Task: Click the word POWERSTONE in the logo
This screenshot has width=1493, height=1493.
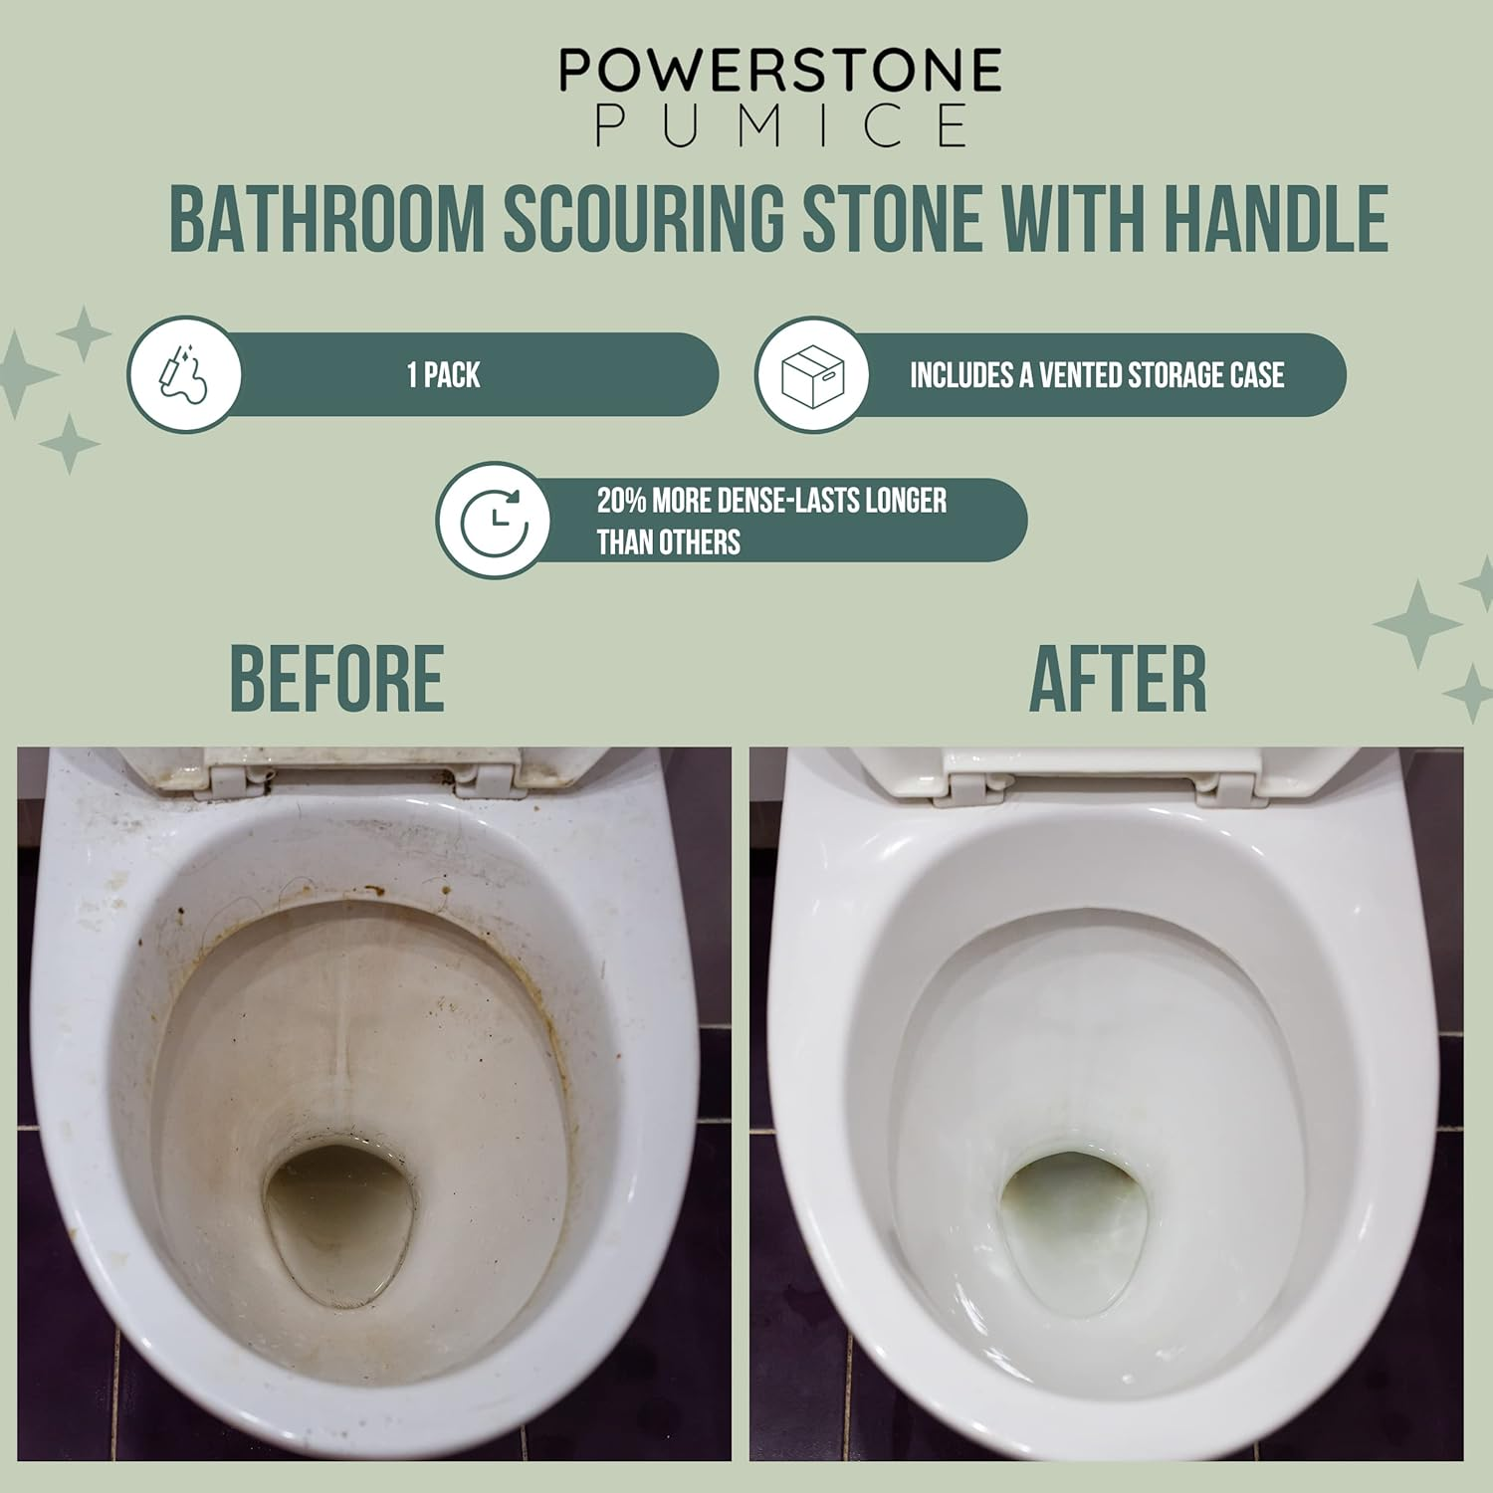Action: (x=779, y=71)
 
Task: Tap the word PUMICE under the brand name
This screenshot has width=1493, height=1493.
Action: (x=781, y=125)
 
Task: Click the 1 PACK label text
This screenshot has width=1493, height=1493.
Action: (x=444, y=375)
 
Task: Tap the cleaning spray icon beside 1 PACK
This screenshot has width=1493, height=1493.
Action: (x=185, y=375)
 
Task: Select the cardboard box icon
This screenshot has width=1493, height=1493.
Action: (x=812, y=375)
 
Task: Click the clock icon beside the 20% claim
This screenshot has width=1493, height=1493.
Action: (x=494, y=520)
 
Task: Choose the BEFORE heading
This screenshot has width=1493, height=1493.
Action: (x=336, y=679)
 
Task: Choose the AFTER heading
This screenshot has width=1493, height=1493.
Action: (x=1117, y=679)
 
